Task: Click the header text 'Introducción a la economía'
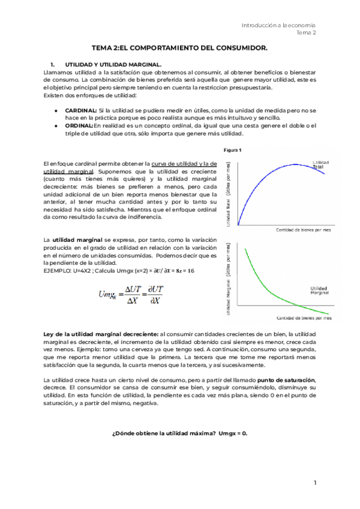[278, 25]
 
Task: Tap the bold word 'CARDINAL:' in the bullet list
[81, 112]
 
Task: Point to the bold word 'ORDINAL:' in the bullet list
[79, 126]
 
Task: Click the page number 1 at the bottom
[314, 483]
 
